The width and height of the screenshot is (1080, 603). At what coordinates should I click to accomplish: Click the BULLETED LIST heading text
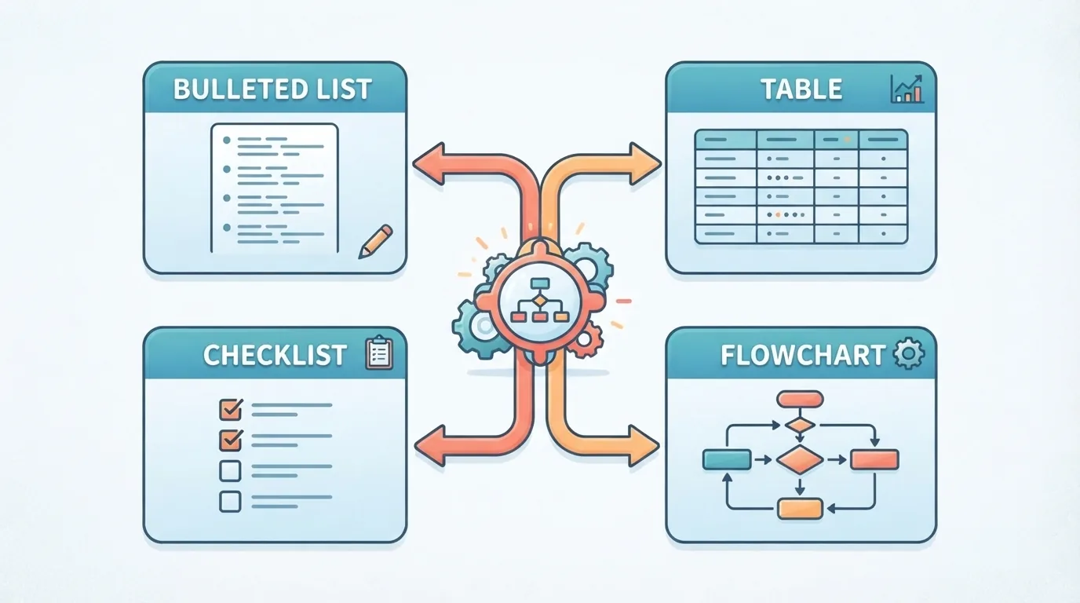272,90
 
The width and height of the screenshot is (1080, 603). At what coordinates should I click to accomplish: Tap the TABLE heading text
801,90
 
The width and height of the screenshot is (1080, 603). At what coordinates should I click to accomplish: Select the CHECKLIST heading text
275,355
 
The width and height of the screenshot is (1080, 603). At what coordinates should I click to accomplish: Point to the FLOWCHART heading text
803,355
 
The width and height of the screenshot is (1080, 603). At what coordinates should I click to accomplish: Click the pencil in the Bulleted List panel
376,241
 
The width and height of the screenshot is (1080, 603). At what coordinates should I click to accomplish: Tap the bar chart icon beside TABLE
907,89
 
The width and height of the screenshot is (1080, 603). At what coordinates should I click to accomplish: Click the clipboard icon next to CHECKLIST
379,353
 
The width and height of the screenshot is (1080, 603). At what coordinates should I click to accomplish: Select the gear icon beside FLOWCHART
909,353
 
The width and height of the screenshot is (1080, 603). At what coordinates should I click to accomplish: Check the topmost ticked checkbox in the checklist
231,410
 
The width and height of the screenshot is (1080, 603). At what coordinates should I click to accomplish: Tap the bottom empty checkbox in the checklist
230,502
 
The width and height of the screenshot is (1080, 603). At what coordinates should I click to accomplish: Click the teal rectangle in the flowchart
727,459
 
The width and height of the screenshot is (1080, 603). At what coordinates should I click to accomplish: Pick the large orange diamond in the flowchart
800,459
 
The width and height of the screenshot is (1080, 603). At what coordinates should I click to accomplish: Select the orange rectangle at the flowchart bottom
800,509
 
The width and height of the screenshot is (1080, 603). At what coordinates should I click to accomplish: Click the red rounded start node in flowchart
800,399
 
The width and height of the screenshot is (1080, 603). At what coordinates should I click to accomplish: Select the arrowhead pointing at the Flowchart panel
644,446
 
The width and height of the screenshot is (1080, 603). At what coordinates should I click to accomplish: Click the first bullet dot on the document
226,141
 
